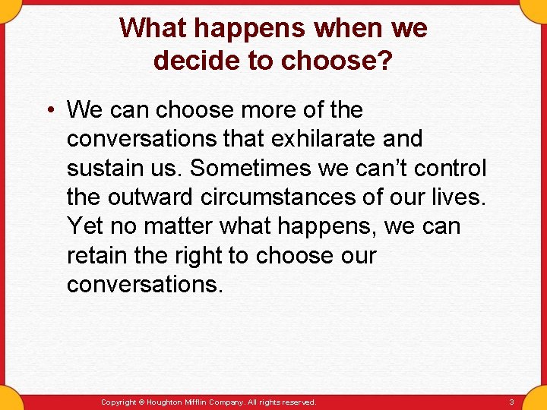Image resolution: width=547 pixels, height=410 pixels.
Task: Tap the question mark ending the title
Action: [x=385, y=60]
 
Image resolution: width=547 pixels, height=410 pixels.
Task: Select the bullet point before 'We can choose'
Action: [x=48, y=111]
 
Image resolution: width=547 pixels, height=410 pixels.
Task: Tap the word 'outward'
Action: [x=150, y=197]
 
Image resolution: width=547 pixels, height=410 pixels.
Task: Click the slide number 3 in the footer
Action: [x=511, y=402]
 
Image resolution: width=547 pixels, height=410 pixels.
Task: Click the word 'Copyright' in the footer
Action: [x=119, y=402]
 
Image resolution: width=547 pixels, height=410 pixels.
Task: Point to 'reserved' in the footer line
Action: [x=298, y=402]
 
